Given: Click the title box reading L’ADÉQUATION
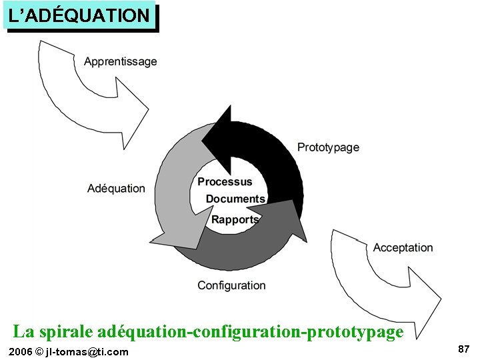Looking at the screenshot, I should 79,16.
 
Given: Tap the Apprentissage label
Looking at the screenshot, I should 121,61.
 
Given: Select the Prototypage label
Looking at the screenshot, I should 328,147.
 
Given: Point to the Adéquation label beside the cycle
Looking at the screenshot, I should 116,188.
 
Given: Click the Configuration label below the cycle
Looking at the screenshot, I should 231,285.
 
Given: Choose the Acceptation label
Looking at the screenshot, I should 403,247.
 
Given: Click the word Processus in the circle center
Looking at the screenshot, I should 225,181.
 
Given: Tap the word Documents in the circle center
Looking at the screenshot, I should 235,199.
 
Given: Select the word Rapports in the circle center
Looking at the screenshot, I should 235,219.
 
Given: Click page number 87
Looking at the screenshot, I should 464,349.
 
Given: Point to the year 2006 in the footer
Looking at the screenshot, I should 19,351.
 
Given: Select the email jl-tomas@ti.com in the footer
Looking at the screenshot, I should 87,351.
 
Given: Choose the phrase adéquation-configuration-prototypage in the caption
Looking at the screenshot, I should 250,331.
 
